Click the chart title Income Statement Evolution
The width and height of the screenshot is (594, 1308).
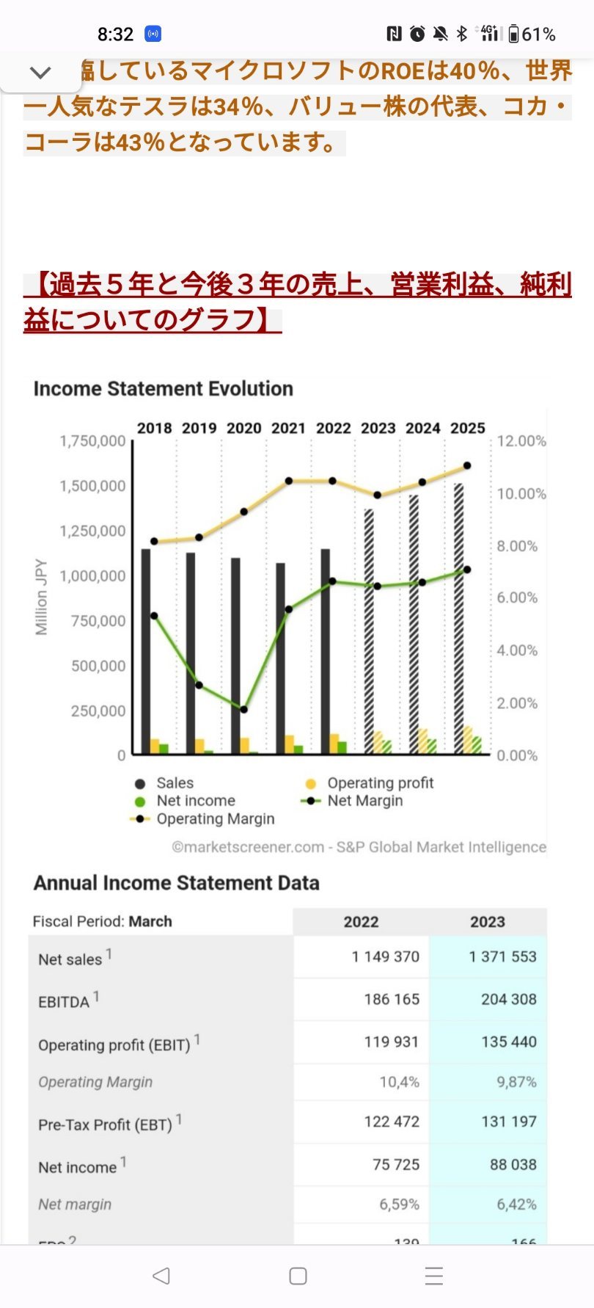pyautogui.click(x=163, y=388)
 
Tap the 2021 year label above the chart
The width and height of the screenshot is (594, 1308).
pyautogui.click(x=288, y=428)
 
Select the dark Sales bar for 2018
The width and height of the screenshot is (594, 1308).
pyautogui.click(x=146, y=646)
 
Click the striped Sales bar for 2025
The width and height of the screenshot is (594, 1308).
pyautogui.click(x=458, y=609)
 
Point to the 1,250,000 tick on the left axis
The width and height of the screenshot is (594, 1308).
pyautogui.click(x=92, y=531)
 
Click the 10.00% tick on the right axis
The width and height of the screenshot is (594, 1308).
pyautogui.click(x=521, y=493)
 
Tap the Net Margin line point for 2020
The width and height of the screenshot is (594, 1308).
pyautogui.click(x=243, y=709)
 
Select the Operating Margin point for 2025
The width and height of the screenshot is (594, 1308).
pyautogui.click(x=467, y=465)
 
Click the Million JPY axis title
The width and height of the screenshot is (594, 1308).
pyautogui.click(x=41, y=597)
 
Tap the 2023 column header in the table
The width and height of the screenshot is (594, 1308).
pyautogui.click(x=488, y=922)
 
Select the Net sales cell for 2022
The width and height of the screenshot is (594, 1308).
pyautogui.click(x=385, y=956)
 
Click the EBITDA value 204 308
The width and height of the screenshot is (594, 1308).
pyautogui.click(x=508, y=999)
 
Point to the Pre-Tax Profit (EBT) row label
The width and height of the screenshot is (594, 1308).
pyautogui.click(x=105, y=1124)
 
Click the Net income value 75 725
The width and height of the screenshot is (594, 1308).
pyautogui.click(x=395, y=1164)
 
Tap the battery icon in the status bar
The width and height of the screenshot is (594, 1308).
pyautogui.click(x=513, y=34)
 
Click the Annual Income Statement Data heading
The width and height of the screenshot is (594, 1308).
pyautogui.click(x=176, y=882)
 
